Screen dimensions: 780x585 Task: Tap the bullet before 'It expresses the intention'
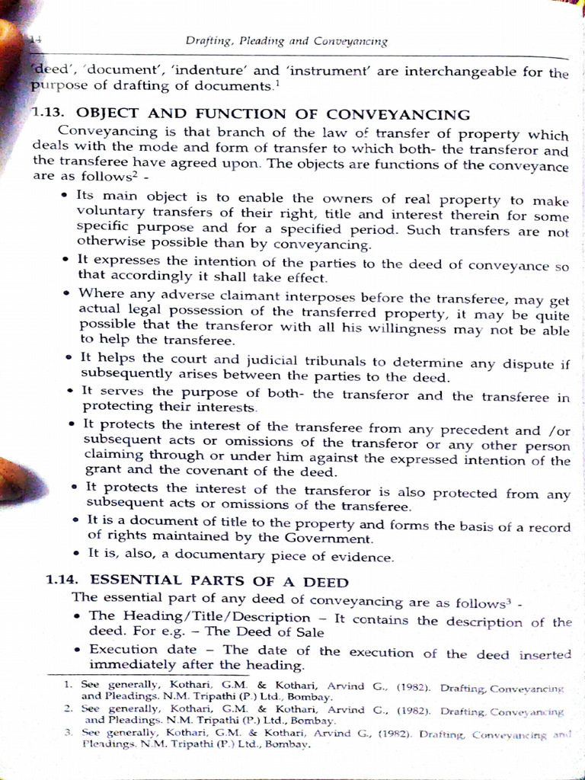[66, 260]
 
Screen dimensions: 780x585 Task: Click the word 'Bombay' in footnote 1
[311, 697]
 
